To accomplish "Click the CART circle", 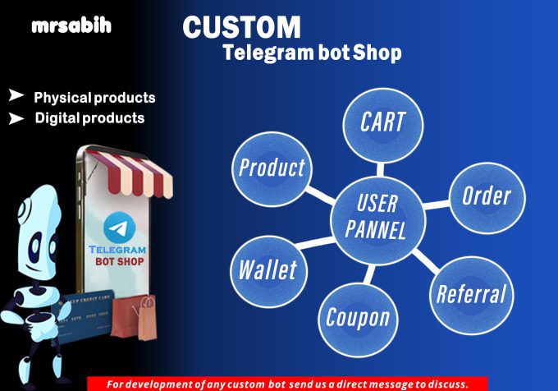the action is tap(383, 126).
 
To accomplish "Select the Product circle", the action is tap(272, 169).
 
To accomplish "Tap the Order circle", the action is tap(487, 198).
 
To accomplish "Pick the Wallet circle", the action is tap(268, 271).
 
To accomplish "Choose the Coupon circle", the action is tap(358, 320).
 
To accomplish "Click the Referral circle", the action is tap(472, 295).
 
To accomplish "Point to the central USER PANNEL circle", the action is tap(378, 220).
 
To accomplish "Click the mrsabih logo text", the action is tap(71, 26).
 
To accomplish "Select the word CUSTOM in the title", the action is tap(241, 27).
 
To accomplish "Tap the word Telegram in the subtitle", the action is tap(268, 53).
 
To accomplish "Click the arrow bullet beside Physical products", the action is tap(16, 95).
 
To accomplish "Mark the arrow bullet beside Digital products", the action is tap(16, 118).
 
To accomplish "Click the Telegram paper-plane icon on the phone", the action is tap(120, 228).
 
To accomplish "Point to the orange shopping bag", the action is tap(135, 317).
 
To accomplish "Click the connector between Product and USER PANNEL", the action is tap(321, 195).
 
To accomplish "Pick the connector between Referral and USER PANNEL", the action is tap(426, 261).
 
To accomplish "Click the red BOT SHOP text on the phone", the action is tap(120, 262).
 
